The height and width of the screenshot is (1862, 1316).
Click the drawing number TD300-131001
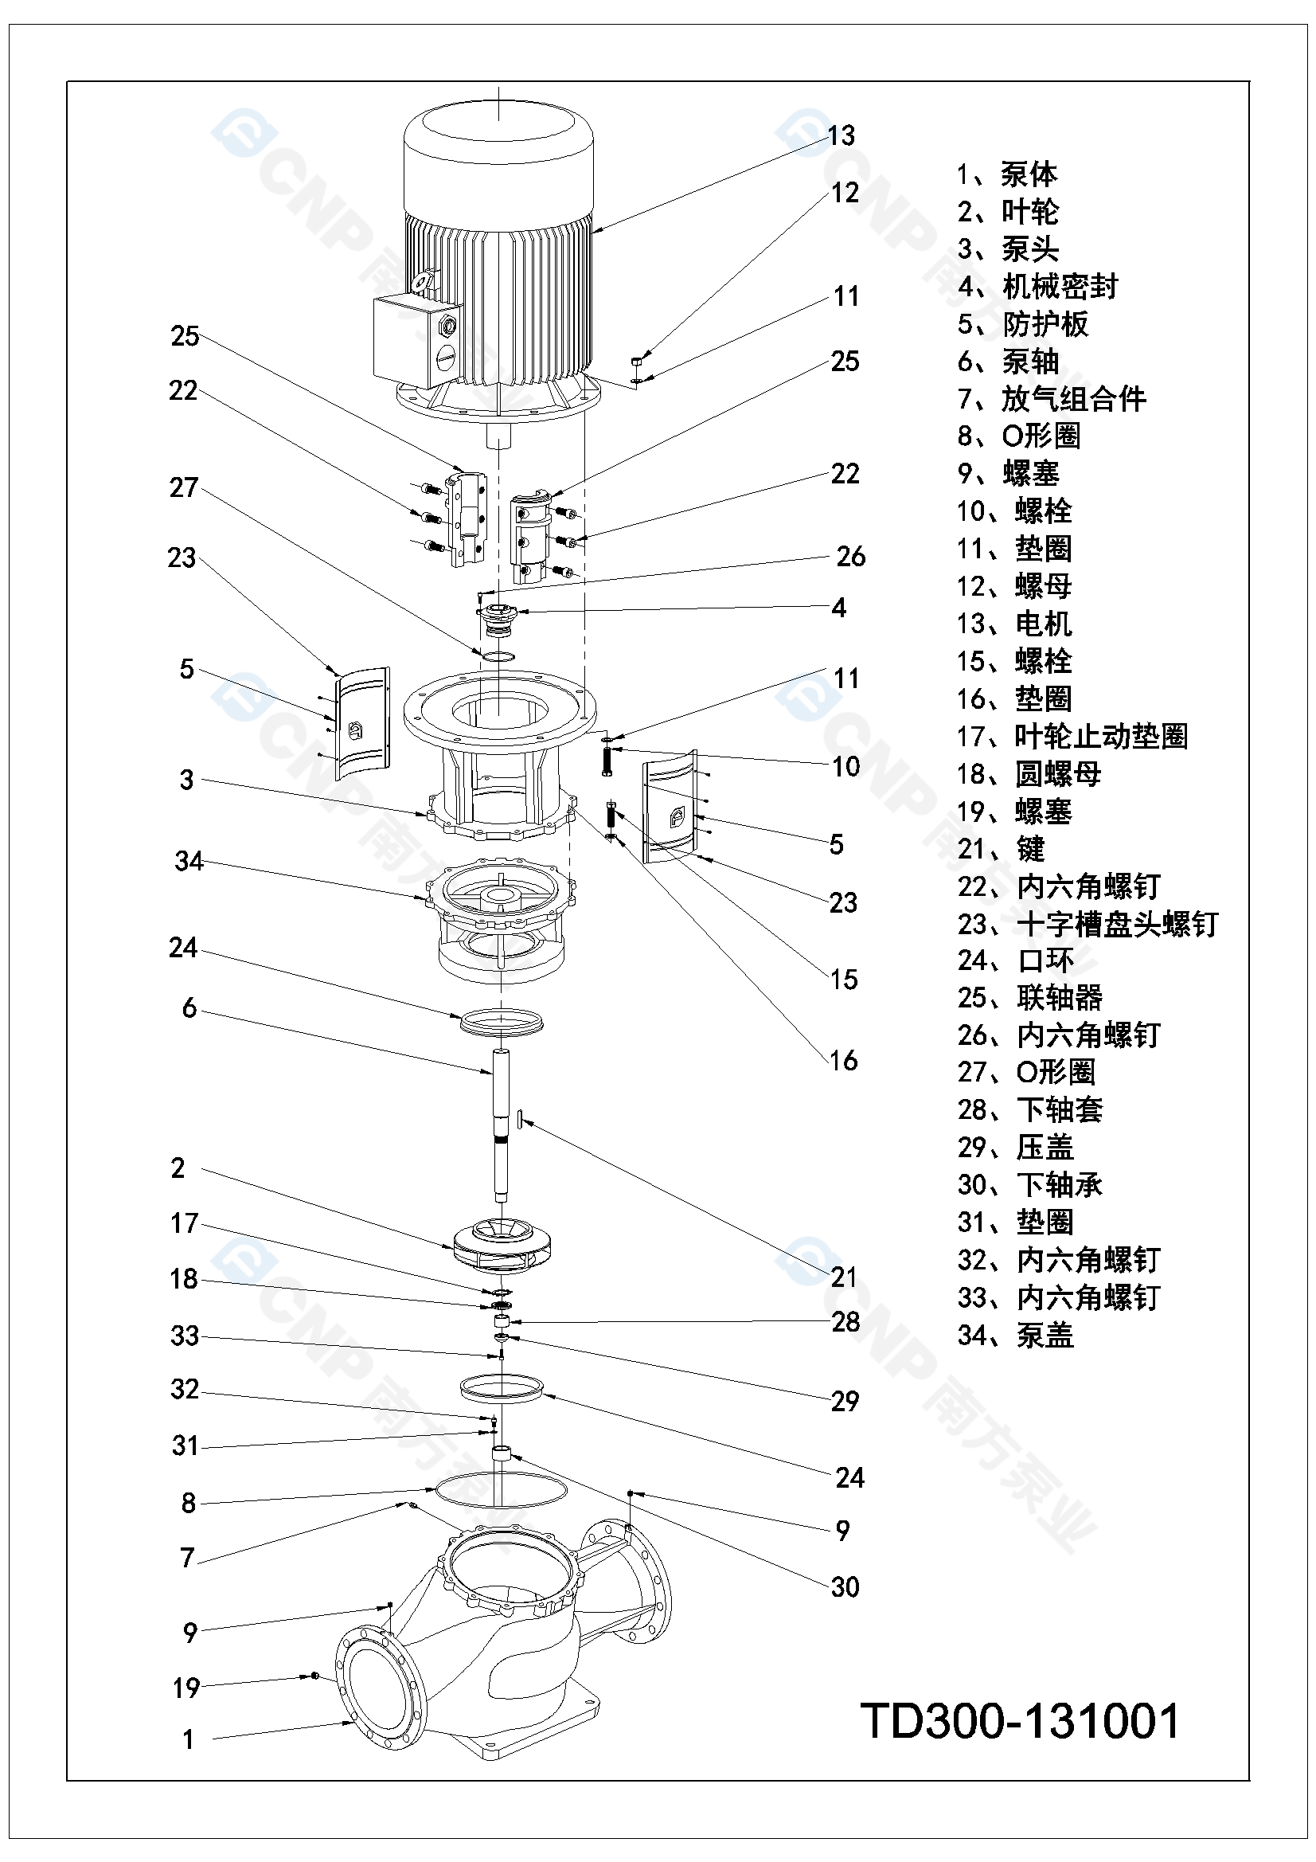1019,1721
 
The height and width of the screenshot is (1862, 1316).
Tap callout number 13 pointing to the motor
841,135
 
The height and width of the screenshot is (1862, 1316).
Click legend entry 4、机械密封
1037,286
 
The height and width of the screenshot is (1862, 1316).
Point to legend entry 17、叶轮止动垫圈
1072,737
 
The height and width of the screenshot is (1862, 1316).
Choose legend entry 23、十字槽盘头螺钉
1088,924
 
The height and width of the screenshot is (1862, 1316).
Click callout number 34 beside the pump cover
189,860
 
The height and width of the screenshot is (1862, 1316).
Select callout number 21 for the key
844,1277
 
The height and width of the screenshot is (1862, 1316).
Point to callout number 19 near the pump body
186,1688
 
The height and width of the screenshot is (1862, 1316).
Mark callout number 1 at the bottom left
188,1739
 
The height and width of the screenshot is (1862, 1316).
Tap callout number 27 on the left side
184,487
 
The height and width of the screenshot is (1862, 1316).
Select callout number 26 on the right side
850,557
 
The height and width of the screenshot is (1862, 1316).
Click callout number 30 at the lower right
845,1587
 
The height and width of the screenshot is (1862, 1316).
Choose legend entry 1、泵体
1007,174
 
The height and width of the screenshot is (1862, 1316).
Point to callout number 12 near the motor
845,193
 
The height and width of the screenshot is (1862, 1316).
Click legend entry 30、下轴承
1029,1185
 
